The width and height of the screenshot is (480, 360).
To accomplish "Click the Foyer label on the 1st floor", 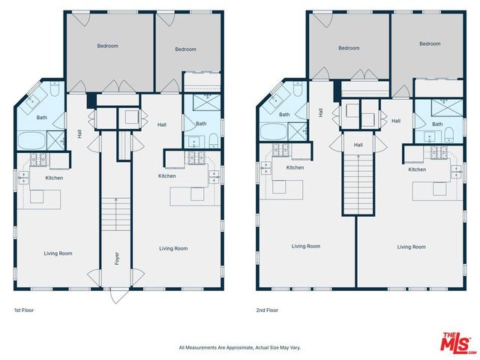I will click(x=116, y=259).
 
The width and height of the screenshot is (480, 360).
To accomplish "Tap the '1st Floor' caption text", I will click(x=24, y=310).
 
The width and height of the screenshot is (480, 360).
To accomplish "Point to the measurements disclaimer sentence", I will click(x=239, y=347).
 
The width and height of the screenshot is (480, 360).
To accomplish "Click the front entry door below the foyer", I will click(x=116, y=295).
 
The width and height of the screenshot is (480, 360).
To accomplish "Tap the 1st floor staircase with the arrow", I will click(x=115, y=214).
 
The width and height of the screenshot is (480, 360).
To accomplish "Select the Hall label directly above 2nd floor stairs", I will click(x=358, y=145).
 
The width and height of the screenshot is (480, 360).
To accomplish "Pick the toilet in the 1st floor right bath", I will click(x=213, y=138).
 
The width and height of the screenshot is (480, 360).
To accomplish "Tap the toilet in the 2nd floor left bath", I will click(x=296, y=93).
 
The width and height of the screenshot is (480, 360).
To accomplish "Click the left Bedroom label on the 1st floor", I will click(x=107, y=46).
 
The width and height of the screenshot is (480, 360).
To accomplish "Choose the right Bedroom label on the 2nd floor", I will click(x=430, y=43).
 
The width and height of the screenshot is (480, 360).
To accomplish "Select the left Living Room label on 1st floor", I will click(x=57, y=253).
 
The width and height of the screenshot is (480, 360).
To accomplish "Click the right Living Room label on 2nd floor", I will click(x=411, y=247).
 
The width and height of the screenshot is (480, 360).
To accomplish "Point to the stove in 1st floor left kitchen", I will click(x=39, y=160).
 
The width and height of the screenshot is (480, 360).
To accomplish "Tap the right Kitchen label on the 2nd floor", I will click(x=417, y=169).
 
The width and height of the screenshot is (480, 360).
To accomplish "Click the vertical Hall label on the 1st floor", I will click(x=79, y=134).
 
